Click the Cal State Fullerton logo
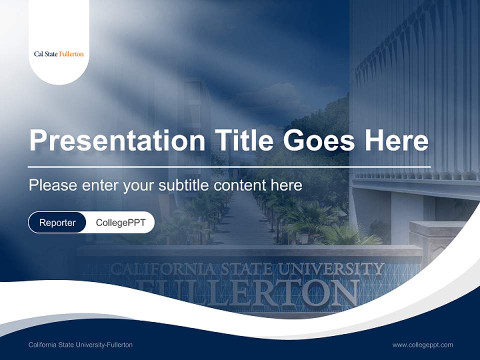[x=58, y=54]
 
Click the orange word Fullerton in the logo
[x=71, y=54]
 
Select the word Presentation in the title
[x=117, y=140]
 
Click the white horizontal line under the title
[x=229, y=166]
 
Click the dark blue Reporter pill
[x=57, y=222]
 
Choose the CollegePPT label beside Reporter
[x=120, y=222]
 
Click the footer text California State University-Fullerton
[x=80, y=345]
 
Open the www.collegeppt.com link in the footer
[x=422, y=345]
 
